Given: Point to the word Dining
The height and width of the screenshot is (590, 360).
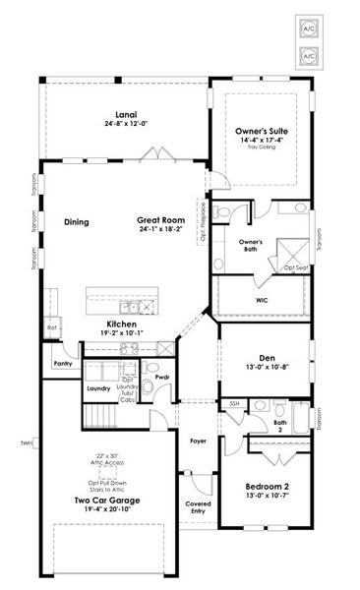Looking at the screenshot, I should tap(77, 222).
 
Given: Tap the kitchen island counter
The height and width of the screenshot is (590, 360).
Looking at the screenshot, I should tap(125, 297).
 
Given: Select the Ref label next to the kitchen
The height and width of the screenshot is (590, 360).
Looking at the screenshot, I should tap(51, 328).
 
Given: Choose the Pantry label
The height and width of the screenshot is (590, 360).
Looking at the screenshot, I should tap(64, 363).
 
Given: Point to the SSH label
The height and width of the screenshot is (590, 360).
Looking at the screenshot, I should tap(234, 404).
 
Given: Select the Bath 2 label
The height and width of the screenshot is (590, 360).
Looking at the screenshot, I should tap(280, 426).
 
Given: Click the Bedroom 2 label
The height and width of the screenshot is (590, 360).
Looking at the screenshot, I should tap(267, 487).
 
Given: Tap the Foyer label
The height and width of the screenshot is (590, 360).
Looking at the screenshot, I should tap(199, 442).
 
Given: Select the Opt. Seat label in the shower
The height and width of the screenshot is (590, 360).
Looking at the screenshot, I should tap(295, 267).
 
